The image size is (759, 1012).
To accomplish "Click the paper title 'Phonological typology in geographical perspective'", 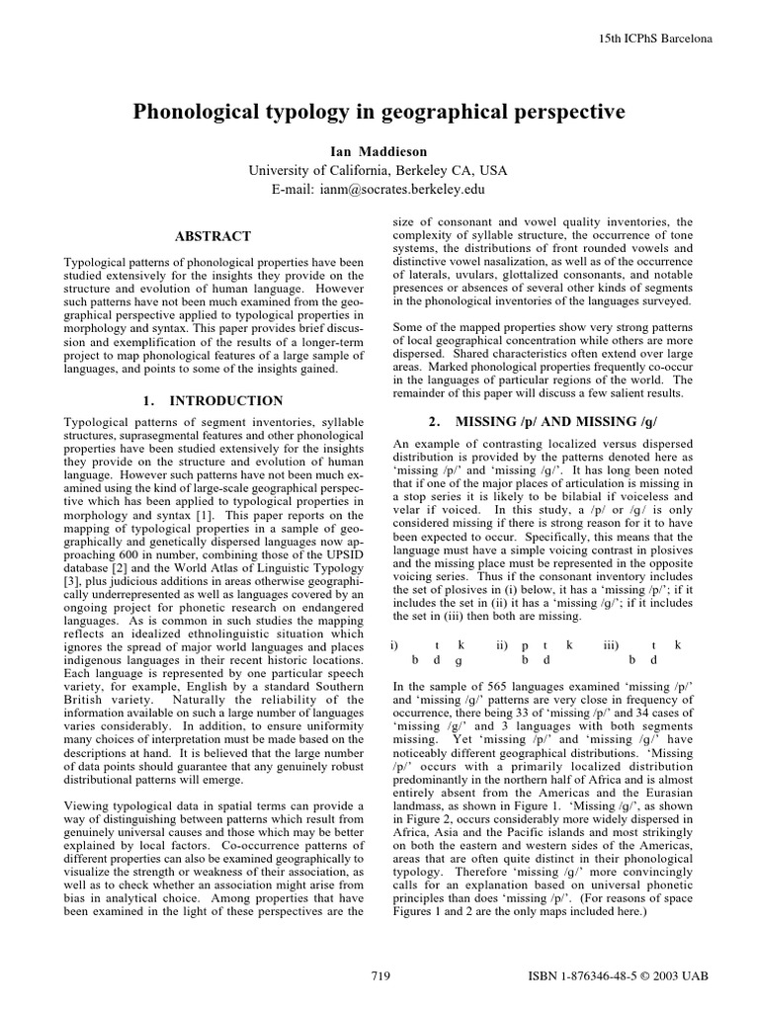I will coord(379,113).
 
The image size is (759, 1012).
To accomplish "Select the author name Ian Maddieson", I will coord(379,150).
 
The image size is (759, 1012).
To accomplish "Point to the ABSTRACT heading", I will coord(212,237).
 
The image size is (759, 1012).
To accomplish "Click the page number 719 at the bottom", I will coord(379,976).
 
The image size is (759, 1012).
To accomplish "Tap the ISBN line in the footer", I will coord(621,976).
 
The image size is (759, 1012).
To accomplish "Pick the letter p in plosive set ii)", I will coord(525,644).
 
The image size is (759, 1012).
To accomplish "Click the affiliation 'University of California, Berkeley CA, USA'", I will coord(379,169).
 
